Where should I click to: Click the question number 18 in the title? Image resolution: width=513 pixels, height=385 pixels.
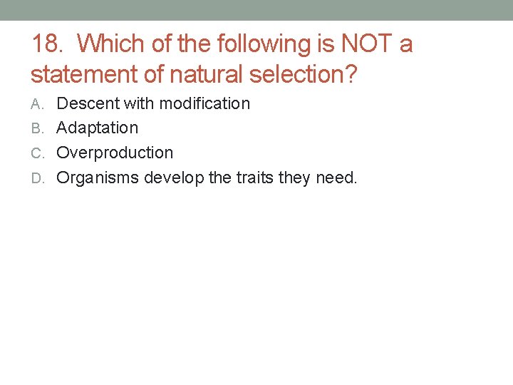click(x=47, y=44)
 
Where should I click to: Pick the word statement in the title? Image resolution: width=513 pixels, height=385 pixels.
click(x=87, y=73)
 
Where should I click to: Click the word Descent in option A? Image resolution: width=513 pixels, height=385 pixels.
click(x=88, y=103)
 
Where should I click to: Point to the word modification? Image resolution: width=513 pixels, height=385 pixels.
click(x=205, y=103)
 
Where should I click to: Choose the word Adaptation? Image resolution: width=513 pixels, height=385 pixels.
click(x=97, y=128)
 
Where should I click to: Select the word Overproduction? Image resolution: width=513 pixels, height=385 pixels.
click(x=115, y=153)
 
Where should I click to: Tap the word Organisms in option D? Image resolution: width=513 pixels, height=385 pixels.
click(x=98, y=178)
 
